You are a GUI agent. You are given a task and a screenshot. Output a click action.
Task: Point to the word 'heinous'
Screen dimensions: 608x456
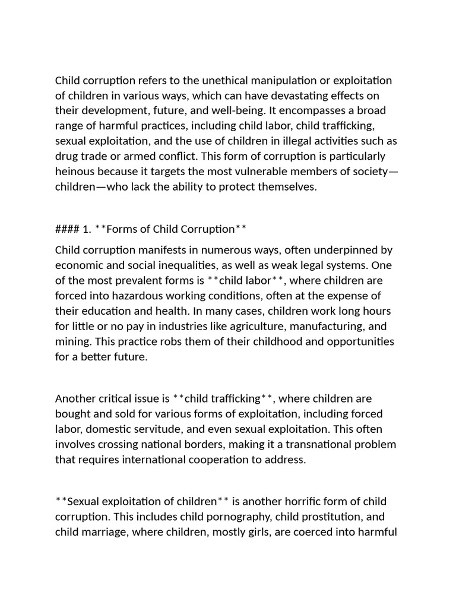(x=74, y=172)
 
